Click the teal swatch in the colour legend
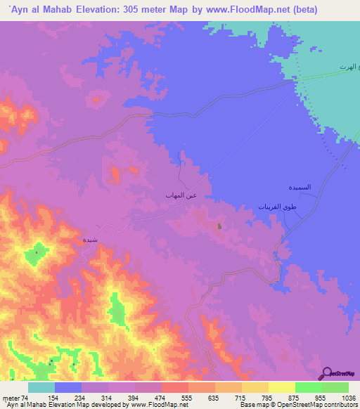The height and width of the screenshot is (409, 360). point(41,387)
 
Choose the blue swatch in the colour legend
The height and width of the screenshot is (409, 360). point(67,387)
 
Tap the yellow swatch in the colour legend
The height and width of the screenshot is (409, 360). point(281,387)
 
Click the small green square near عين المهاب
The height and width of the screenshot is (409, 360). point(219,226)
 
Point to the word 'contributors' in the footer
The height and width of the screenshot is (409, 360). point(342,405)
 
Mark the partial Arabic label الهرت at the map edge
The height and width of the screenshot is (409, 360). point(349,66)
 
